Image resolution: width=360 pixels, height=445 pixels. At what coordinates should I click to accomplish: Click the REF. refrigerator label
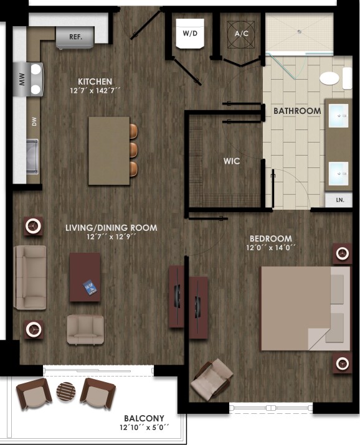(76, 37)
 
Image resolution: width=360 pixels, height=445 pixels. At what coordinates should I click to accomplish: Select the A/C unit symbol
(242, 34)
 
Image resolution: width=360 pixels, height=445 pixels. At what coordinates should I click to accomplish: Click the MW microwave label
(21, 79)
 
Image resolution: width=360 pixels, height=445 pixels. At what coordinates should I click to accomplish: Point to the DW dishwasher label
(34, 123)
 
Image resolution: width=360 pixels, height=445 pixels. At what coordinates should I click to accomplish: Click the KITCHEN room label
(95, 82)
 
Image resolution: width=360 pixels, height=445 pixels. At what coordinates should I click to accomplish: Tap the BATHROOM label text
(297, 111)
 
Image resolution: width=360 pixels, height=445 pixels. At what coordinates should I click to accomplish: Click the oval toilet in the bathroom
(329, 78)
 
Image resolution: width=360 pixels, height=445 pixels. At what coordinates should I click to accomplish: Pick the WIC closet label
(232, 161)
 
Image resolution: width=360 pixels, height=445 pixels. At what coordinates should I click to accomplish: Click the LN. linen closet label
(339, 200)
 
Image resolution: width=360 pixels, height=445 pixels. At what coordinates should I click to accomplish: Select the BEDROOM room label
(271, 238)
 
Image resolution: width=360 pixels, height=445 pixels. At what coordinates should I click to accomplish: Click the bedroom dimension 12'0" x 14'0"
(271, 248)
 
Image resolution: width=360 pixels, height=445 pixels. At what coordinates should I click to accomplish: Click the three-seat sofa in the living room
(31, 277)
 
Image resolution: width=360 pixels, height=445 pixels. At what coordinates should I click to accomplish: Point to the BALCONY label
(144, 418)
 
